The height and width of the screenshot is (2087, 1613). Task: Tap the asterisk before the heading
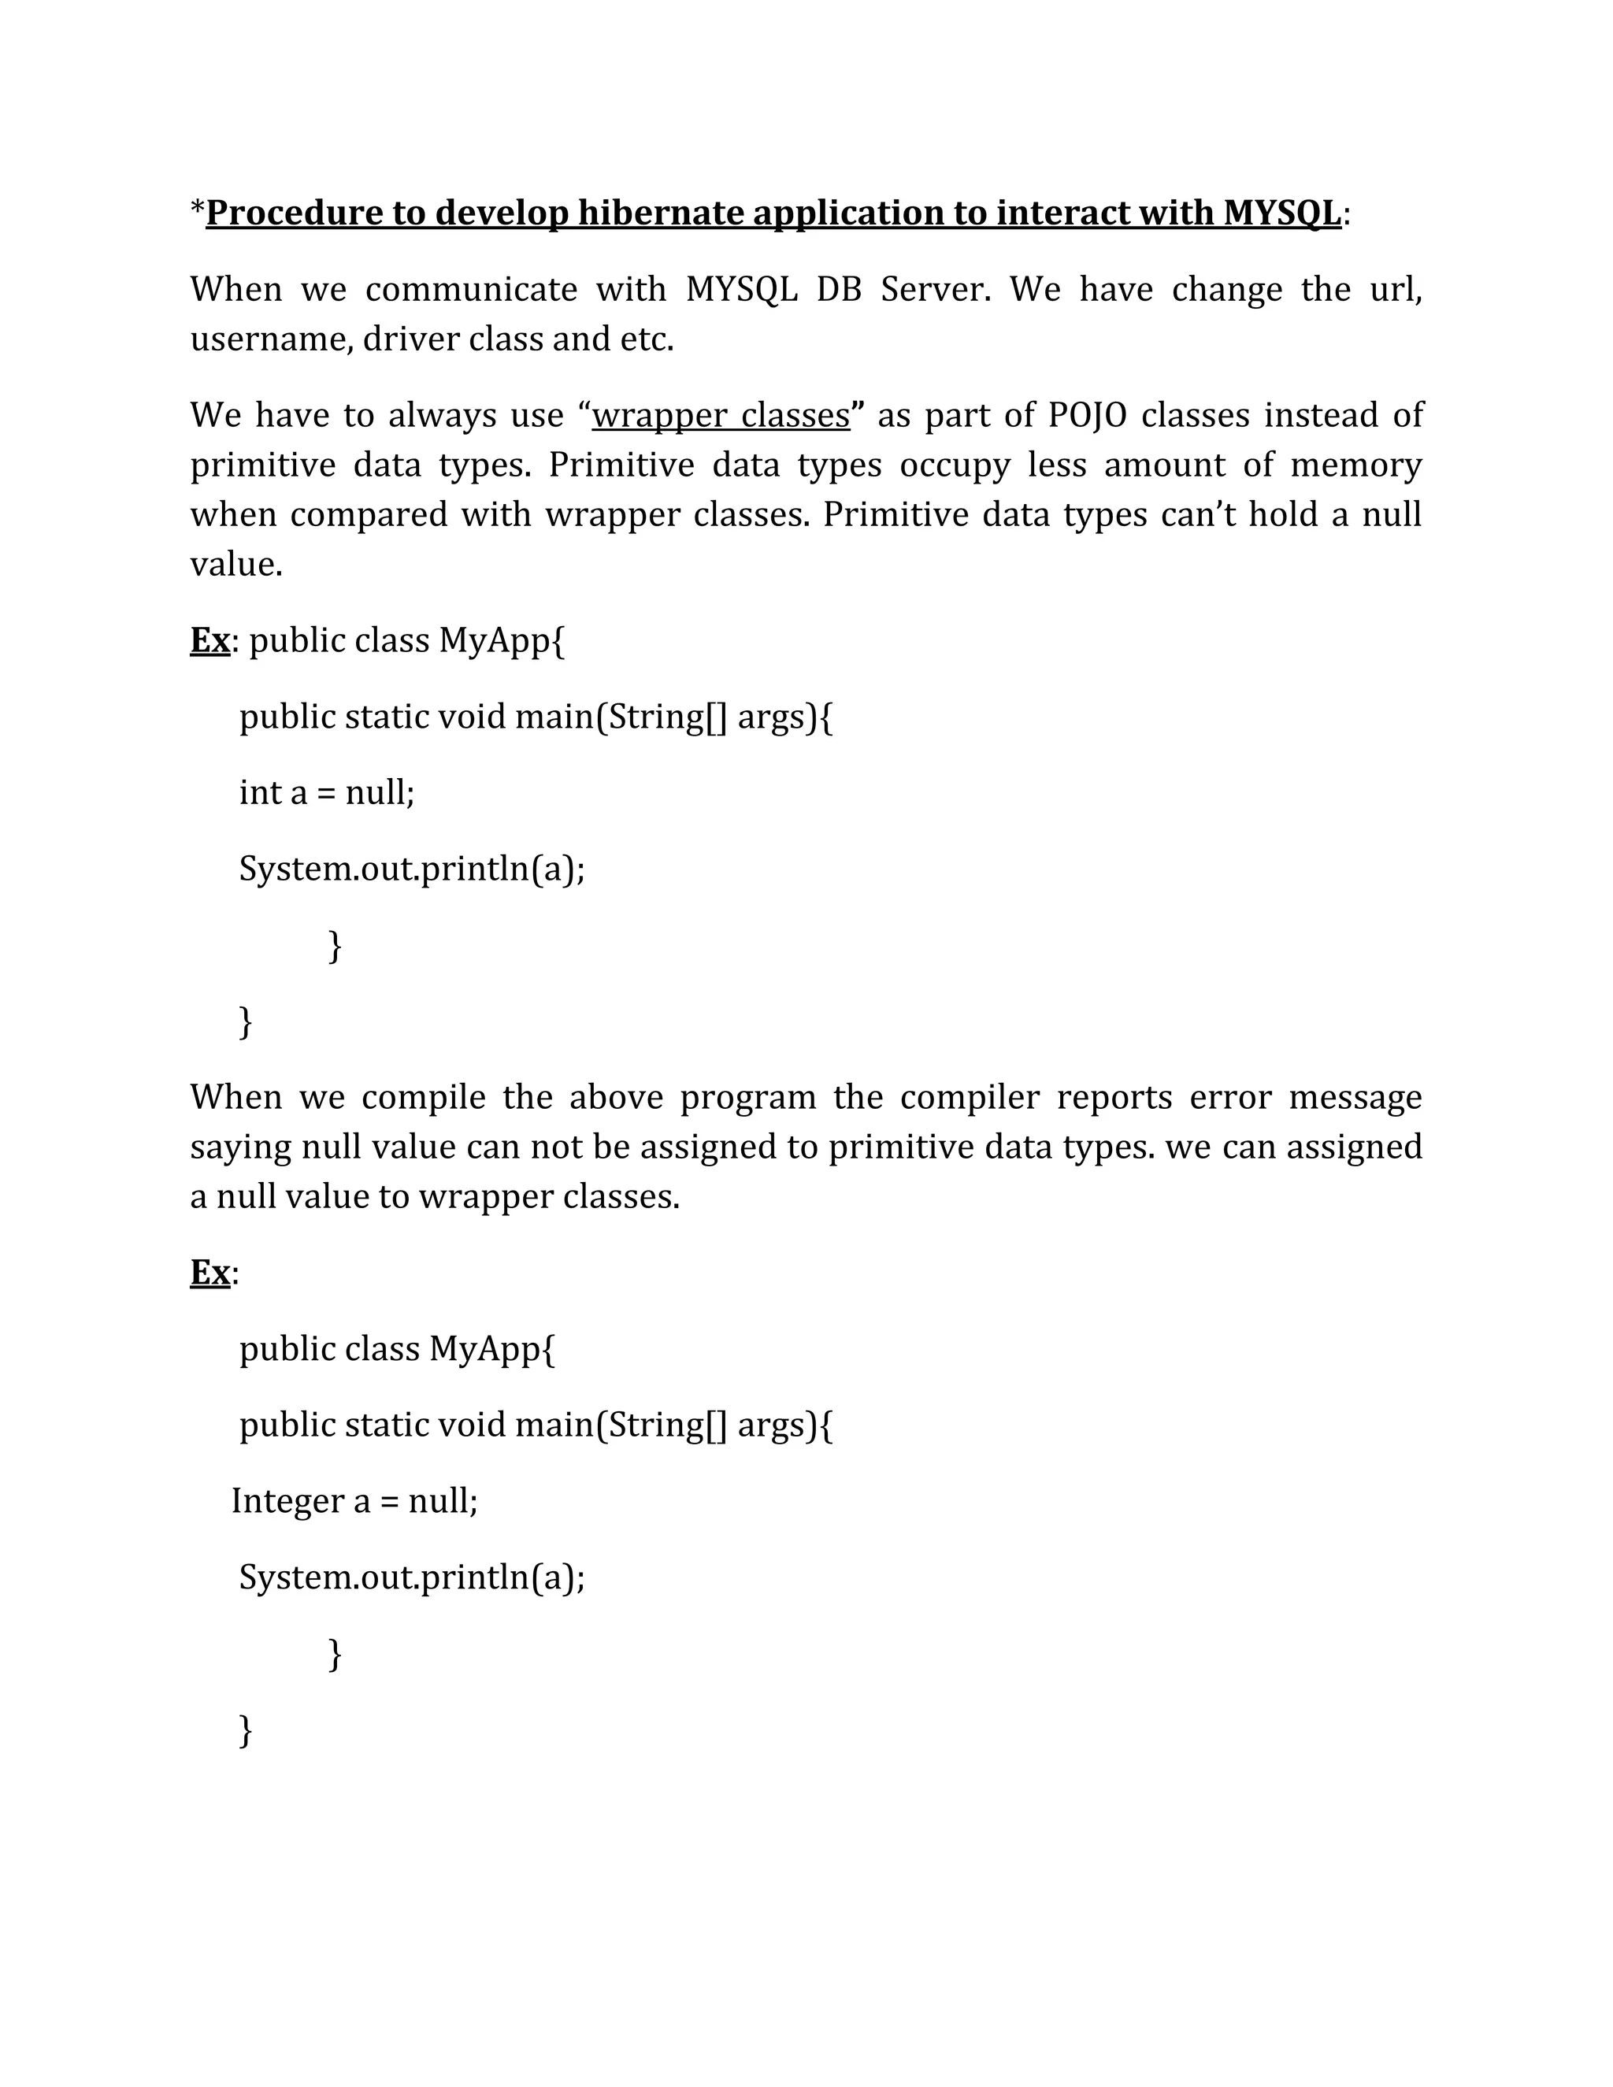197,209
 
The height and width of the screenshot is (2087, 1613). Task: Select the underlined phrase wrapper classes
721,416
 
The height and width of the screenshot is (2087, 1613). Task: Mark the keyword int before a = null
259,792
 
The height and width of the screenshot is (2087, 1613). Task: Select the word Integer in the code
287,1501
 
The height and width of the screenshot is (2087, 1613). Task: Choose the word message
1355,1097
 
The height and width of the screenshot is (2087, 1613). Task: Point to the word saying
241,1147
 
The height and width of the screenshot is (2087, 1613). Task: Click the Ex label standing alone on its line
210,1273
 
